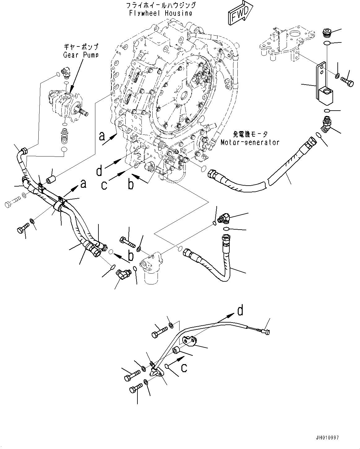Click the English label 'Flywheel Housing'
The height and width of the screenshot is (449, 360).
(x=161, y=13)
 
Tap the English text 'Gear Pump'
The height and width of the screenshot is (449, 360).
(x=81, y=55)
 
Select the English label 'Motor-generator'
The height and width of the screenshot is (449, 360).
(x=250, y=142)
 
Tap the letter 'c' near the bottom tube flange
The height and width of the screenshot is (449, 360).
(x=184, y=368)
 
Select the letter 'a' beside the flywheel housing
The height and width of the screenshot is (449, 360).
(x=102, y=136)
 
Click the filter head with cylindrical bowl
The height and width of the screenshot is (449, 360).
(x=151, y=268)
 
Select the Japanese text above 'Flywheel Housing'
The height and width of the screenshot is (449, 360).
(x=161, y=5)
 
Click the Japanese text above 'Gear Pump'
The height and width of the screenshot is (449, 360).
(x=81, y=47)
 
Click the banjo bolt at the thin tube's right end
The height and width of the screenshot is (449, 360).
(x=265, y=332)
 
